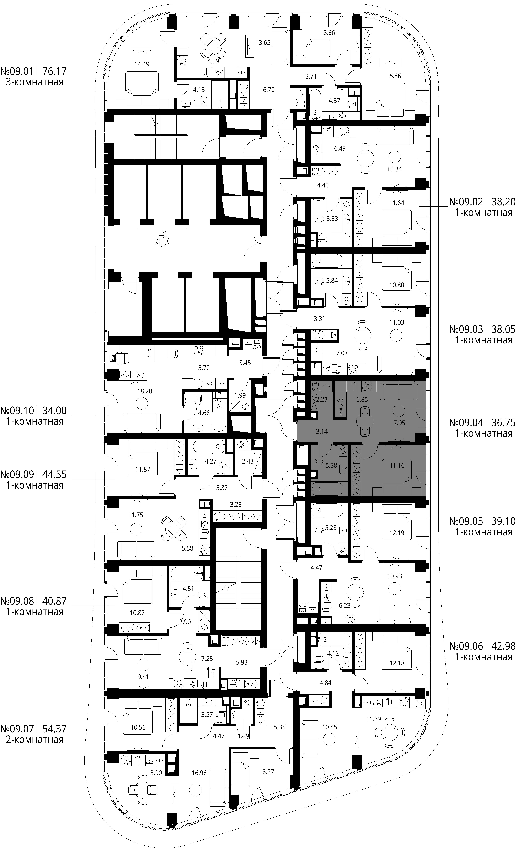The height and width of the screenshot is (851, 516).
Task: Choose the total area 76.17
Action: [54, 71]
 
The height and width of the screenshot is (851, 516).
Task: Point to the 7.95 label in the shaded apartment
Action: [399, 423]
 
